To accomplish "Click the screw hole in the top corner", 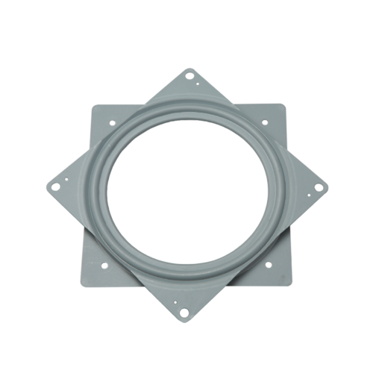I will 189,78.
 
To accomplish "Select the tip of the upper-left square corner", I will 90,104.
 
